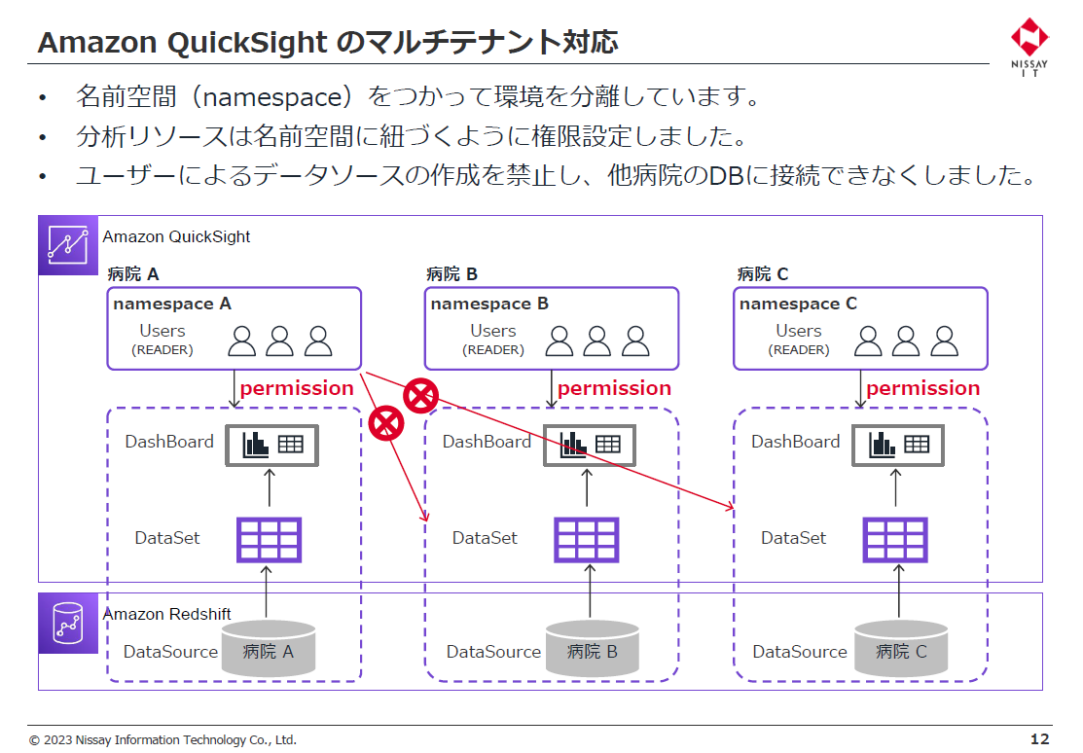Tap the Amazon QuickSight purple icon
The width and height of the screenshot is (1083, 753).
tap(68, 245)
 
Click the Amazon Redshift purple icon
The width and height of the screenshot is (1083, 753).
tap(68, 623)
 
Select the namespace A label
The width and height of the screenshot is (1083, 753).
tap(172, 304)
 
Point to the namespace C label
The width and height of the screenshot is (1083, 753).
tap(798, 304)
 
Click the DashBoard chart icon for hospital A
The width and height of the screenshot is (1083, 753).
tap(272, 445)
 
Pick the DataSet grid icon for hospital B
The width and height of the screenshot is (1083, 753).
tap(587, 539)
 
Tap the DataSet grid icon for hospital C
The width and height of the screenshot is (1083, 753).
tap(895, 539)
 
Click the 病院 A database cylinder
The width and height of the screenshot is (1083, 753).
tap(269, 649)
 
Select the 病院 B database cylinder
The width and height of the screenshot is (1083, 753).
tap(593, 649)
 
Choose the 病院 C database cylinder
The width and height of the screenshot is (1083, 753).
tap(901, 649)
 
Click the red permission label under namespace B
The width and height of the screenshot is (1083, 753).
tap(614, 388)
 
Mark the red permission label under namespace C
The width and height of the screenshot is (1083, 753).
tap(922, 388)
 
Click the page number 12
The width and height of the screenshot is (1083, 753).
tap(1039, 739)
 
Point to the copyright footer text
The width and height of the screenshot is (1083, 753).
tap(162, 740)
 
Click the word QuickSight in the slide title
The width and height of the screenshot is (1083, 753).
tap(247, 43)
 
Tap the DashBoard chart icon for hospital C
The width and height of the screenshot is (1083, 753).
tap(898, 445)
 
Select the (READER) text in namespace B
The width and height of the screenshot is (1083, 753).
tap(493, 350)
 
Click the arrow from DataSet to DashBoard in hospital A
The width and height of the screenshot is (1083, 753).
tap(270, 488)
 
